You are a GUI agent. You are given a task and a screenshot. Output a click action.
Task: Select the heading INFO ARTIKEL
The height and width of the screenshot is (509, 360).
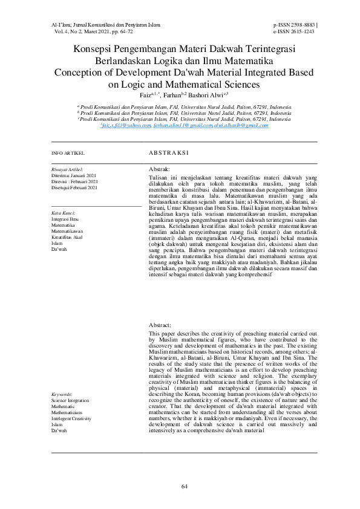click(68, 154)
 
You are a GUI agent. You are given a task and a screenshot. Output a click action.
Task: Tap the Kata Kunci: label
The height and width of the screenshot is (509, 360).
click(64, 213)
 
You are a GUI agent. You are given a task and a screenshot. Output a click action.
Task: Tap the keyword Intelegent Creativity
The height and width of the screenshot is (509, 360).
click(74, 418)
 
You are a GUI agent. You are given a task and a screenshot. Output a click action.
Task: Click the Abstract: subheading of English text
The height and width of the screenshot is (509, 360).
click(160, 325)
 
